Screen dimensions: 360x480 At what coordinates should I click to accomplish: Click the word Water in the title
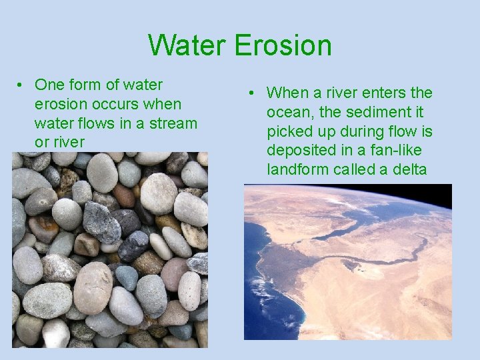pyautogui.click(x=187, y=45)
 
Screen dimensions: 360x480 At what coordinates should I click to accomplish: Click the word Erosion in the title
pyautogui.click(x=283, y=45)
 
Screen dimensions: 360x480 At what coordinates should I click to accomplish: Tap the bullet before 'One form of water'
pyautogui.click(x=21, y=85)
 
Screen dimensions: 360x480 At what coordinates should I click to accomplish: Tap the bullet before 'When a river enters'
pyautogui.click(x=253, y=93)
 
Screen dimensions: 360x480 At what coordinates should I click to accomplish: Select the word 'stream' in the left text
pyautogui.click(x=175, y=123)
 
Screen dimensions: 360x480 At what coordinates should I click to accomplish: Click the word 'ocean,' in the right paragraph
pyautogui.click(x=291, y=113)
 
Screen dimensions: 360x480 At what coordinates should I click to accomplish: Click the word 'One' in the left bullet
pyautogui.click(x=49, y=85)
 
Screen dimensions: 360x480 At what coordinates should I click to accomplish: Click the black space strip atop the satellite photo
pyautogui.click(x=347, y=191)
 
